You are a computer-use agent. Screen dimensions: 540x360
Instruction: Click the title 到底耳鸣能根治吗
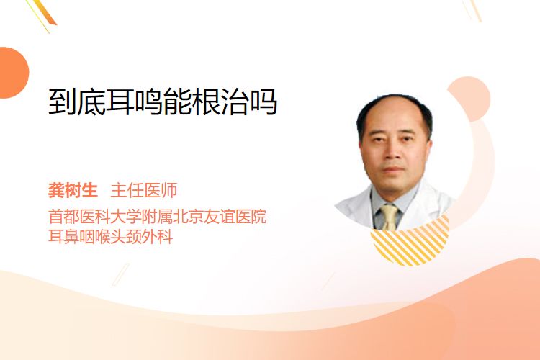163,102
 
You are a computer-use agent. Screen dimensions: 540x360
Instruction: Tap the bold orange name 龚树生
73,190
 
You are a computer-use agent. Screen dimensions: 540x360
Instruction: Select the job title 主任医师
144,190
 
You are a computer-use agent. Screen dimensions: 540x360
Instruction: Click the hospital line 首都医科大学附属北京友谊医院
158,217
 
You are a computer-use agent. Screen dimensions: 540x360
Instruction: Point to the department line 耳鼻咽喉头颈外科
111,237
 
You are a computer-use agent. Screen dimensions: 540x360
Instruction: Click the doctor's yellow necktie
390,217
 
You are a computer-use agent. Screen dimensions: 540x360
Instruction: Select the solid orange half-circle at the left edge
13,73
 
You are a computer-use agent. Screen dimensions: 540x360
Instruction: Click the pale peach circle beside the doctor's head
470,98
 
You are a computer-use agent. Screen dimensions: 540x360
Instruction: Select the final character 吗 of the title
263,102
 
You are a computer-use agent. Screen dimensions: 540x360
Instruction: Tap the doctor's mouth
393,169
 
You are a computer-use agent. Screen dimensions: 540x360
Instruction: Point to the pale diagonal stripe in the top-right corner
474,10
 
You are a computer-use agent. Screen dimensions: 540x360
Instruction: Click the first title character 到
63,102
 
